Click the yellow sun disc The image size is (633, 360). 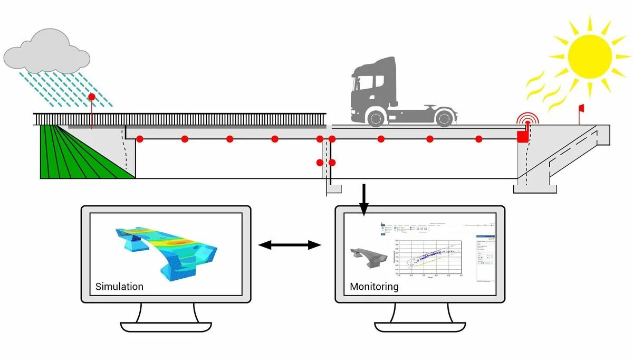pos(590,55)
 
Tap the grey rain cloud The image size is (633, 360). pos(46,53)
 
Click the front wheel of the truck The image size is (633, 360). pos(376,117)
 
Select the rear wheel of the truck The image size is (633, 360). pos(444,117)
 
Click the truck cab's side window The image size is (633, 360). pos(378,82)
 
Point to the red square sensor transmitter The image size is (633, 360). pos(522,137)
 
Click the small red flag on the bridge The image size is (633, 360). pos(581,109)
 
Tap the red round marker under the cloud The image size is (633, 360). pos(91,97)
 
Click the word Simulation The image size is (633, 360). pos(119,287)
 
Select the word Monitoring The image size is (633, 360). pos(374,287)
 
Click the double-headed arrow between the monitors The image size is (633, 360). pos(290,244)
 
